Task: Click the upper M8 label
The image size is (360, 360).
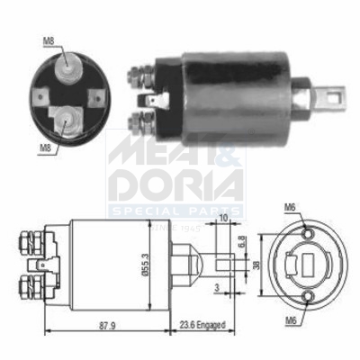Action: pos(49,40)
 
